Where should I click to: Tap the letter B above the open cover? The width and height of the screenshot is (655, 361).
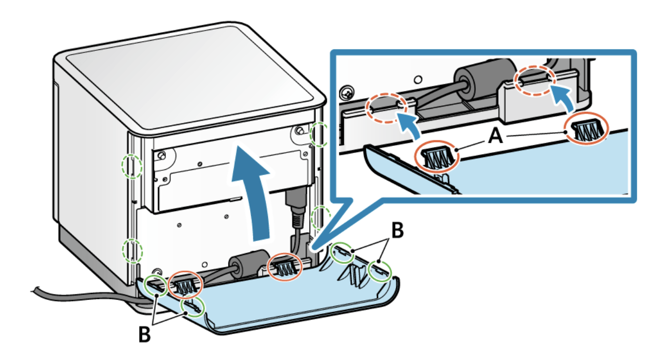(x=397, y=232)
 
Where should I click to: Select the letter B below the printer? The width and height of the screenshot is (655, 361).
(x=145, y=336)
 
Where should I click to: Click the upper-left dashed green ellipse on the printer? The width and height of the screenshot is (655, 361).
(x=131, y=166)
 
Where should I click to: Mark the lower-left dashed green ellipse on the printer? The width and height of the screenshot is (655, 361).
(x=133, y=250)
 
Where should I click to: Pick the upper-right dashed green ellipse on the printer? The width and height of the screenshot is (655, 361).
(x=319, y=134)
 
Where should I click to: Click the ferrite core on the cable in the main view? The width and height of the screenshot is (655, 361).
(x=250, y=262)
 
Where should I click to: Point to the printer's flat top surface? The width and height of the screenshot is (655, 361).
(x=188, y=81)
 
